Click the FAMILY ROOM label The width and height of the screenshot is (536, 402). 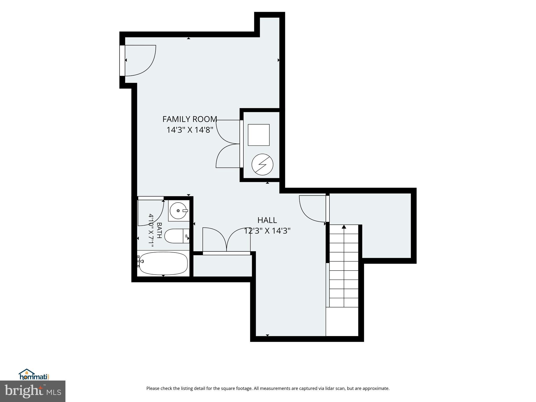coord(190,119)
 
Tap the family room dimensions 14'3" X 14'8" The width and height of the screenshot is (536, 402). coord(190,130)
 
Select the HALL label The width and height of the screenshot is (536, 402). coord(267,220)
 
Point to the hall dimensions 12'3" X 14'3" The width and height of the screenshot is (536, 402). coord(267,231)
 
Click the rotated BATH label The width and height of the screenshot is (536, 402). coord(159,230)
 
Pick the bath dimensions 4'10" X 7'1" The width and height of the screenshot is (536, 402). coord(151,230)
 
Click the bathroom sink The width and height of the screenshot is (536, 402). coord(179,211)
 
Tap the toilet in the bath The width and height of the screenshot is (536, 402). coord(177,236)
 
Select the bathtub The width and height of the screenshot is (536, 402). coord(163,263)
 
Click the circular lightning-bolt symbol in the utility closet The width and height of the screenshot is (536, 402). coord(262,165)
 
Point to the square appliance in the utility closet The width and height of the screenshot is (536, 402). coord(259,135)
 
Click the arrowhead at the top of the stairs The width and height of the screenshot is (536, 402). coord(344,227)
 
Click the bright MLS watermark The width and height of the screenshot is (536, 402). coord(33,391)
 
